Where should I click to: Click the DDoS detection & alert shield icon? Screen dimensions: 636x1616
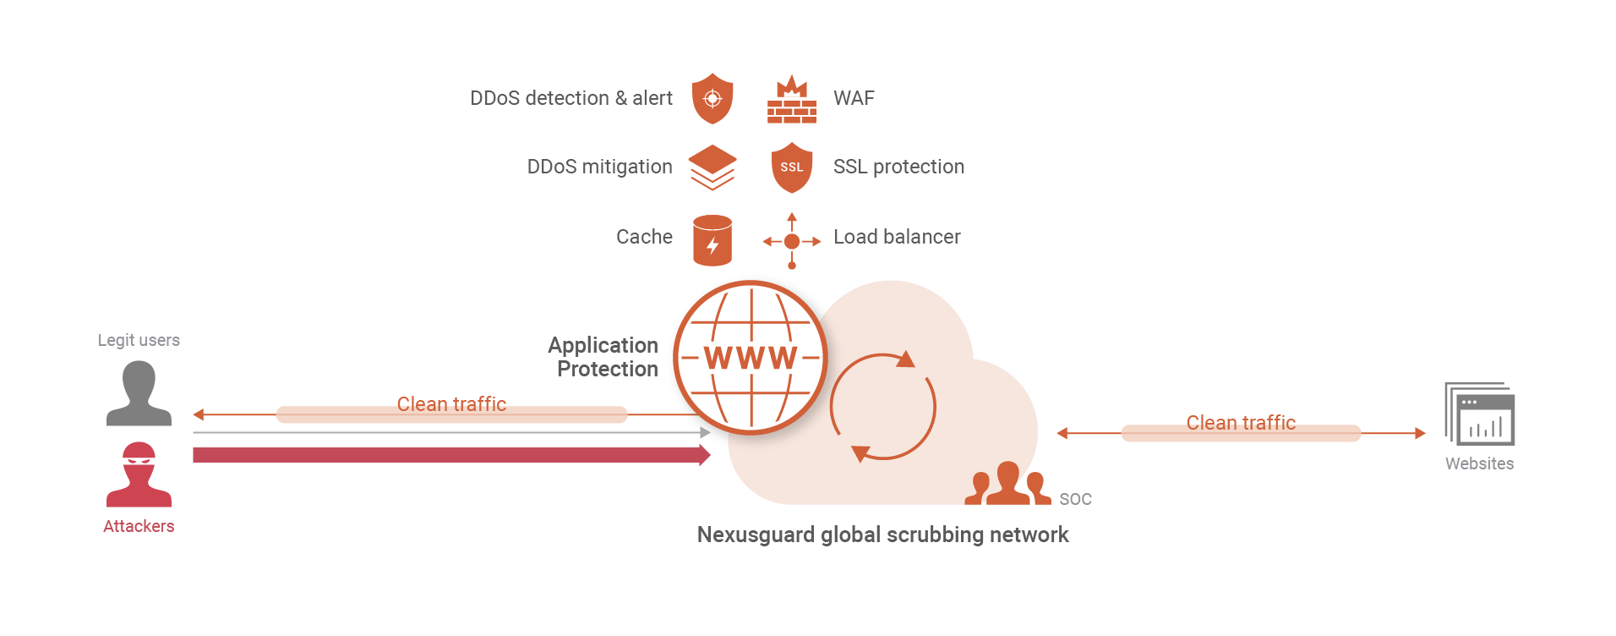coord(712,98)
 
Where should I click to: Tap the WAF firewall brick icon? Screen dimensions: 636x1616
coord(791,100)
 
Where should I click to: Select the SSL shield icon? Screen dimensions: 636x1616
coord(791,167)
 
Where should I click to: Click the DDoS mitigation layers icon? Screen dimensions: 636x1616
coord(712,167)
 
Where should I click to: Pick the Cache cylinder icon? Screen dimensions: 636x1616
coord(712,240)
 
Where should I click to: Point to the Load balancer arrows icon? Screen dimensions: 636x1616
coord(791,241)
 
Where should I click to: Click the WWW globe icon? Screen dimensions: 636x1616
coord(751,358)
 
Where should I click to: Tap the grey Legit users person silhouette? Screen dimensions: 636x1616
coord(139,393)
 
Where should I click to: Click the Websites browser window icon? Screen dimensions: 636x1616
coord(1480,414)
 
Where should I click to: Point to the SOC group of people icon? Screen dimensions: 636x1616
coord(1007,485)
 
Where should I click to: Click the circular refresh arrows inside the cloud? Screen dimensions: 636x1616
coord(882,407)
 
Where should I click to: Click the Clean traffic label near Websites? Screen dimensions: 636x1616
coord(1240,423)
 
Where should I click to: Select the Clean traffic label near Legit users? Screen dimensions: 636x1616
coord(451,404)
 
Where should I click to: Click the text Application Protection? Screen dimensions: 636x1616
coord(603,357)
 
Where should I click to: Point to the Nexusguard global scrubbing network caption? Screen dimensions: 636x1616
coord(882,535)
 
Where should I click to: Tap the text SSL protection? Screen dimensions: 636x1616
coord(898,167)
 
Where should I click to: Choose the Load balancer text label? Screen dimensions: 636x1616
coord(897,237)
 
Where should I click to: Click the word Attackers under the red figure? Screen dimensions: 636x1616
coord(139,526)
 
